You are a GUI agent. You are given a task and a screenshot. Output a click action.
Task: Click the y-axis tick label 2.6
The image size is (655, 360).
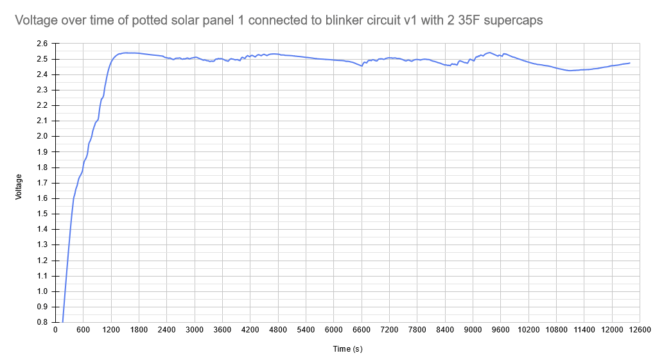[42, 44]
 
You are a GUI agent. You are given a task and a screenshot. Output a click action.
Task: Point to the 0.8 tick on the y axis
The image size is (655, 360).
[42, 322]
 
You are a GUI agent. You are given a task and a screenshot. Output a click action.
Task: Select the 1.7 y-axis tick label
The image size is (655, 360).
[42, 183]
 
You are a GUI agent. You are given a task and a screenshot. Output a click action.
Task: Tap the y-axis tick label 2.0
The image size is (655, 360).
[42, 136]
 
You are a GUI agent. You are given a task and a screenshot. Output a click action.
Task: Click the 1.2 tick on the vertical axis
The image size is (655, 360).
[42, 260]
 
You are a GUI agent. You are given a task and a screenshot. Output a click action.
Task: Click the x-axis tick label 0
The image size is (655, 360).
[55, 330]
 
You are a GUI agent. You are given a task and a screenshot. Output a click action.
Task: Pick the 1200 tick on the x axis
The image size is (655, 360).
[110, 330]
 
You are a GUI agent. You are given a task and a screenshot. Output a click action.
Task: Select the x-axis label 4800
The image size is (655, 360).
[277, 330]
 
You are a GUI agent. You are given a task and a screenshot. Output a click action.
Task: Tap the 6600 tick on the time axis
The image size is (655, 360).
[361, 330]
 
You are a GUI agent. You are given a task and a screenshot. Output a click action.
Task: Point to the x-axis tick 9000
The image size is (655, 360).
[473, 330]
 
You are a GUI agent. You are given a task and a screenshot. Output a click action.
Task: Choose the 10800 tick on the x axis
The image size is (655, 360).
[556, 330]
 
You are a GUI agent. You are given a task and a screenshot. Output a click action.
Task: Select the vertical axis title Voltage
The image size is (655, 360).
[19, 186]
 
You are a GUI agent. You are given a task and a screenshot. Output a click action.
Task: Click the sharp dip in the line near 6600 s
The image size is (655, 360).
[362, 65]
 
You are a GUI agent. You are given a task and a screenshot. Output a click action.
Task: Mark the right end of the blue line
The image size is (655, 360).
[630, 63]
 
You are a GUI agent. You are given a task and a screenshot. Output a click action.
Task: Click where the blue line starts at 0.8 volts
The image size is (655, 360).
[62, 321]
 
